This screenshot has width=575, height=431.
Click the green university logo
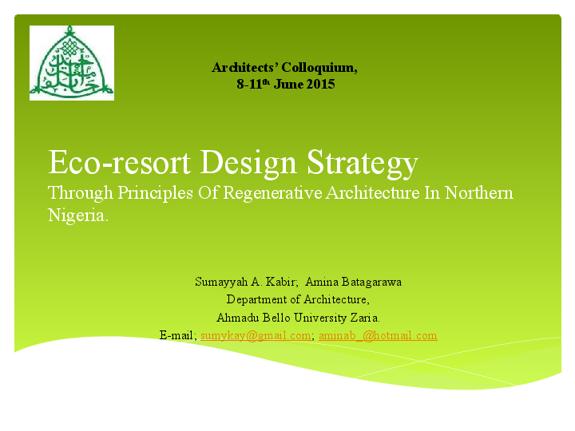click(x=72, y=63)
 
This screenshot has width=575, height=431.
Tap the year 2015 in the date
click(x=320, y=85)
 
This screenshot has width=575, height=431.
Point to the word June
click(x=288, y=85)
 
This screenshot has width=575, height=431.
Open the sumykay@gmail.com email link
click(x=256, y=336)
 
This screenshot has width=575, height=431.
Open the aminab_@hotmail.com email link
click(x=378, y=336)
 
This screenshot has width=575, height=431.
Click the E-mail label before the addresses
click(x=177, y=336)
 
